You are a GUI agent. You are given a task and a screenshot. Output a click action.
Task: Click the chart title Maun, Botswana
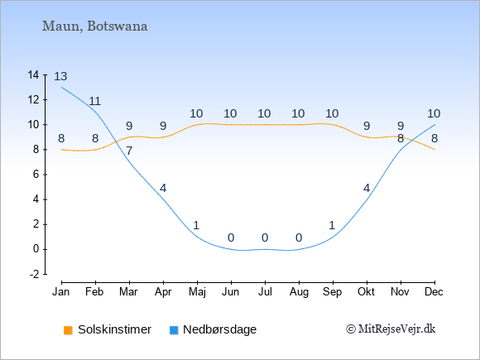tap(94, 26)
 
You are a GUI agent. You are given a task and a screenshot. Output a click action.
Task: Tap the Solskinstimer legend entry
tap(108, 329)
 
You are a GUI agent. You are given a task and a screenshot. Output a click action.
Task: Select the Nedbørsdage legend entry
tap(213, 329)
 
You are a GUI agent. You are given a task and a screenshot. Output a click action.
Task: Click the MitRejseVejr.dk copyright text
tap(391, 329)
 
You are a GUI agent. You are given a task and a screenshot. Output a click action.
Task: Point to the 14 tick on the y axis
tap(33, 74)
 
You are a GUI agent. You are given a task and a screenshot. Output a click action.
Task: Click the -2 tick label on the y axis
tap(34, 274)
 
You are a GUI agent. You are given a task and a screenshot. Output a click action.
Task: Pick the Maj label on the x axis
tap(197, 292)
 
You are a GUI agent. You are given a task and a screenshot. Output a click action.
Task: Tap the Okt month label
tap(366, 292)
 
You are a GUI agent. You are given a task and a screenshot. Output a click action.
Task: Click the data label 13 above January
tap(60, 76)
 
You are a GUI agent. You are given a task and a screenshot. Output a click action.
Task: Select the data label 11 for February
tap(94, 101)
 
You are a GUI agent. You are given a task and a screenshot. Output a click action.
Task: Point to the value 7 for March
tap(129, 151)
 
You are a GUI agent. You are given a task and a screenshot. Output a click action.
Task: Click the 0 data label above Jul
tap(265, 238)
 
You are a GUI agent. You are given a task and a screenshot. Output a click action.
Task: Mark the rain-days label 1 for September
tap(332, 226)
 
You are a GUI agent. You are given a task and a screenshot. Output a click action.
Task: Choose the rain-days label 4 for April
tap(163, 188)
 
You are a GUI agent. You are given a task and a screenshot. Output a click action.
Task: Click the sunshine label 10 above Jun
tap(230, 114)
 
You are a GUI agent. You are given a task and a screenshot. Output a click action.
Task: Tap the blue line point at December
tap(434, 125)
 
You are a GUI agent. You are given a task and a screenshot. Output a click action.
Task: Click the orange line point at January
tap(62, 150)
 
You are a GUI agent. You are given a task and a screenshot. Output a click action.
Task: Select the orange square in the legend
tap(68, 330)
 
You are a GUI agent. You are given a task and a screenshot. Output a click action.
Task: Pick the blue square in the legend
tap(174, 330)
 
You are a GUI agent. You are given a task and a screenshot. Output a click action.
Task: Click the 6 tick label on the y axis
tap(36, 175)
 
